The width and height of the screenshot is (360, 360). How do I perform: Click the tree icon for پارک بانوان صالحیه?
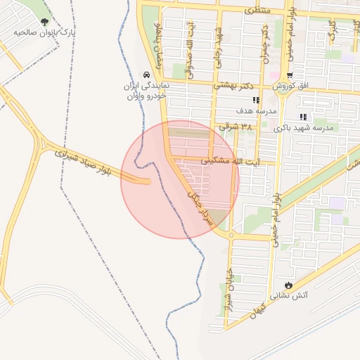coord(46,22)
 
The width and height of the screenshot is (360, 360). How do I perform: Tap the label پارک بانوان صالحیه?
coord(46,33)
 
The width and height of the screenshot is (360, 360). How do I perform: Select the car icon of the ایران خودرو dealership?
coord(146,75)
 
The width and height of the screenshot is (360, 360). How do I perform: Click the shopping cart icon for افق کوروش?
coord(290,75)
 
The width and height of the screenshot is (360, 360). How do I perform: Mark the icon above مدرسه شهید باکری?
coord(303,117)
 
